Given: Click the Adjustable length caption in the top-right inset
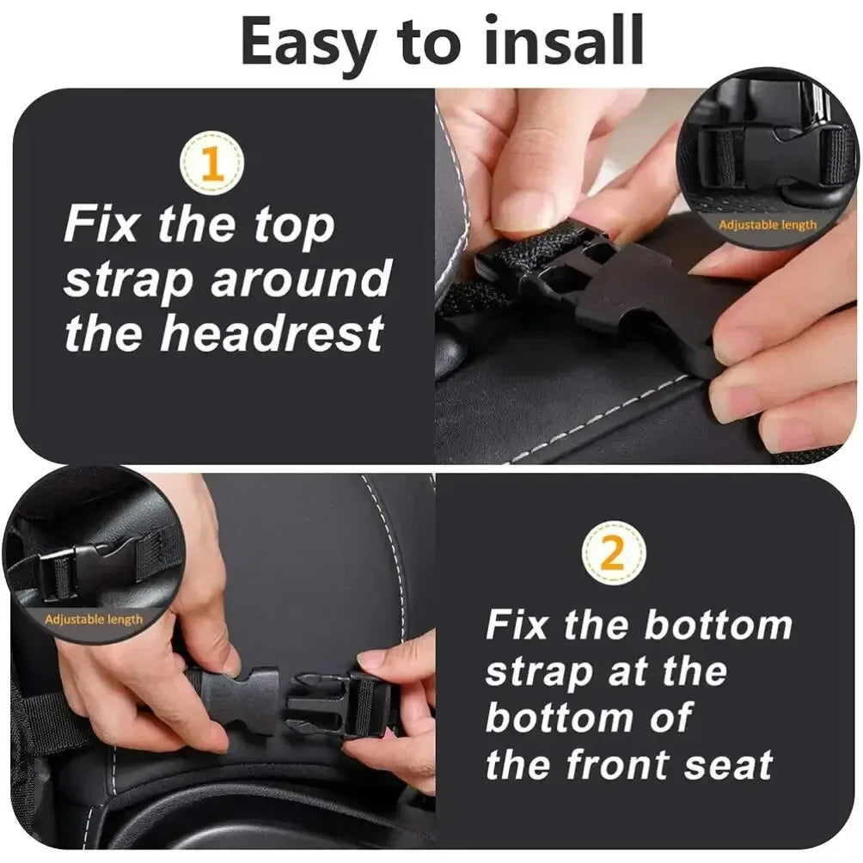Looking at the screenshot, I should tap(768, 225).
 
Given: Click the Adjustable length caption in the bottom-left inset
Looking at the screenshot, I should tap(94, 619).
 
